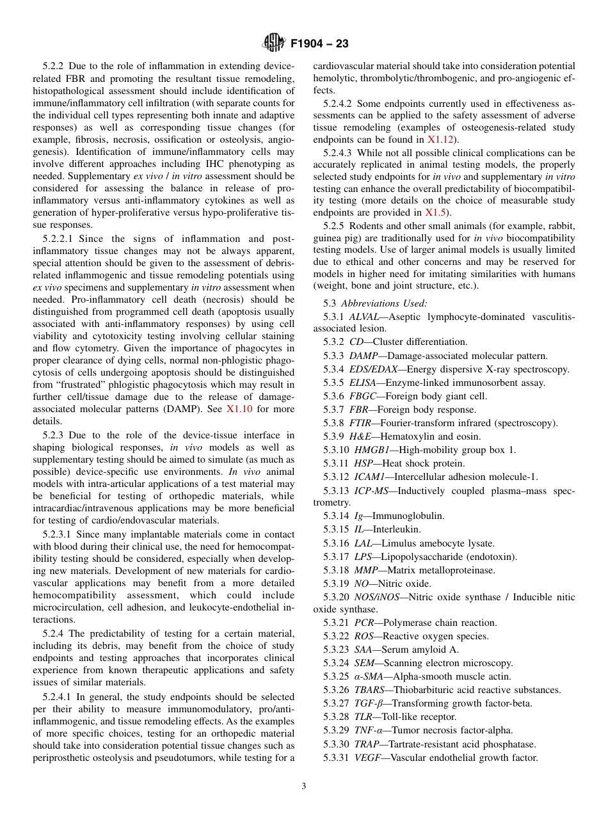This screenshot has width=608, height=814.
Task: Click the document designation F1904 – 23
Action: tap(319, 44)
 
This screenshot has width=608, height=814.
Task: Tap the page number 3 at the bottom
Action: tap(304, 786)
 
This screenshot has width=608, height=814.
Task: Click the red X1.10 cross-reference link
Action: tap(241, 409)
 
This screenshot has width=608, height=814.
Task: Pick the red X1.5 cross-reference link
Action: tap(437, 212)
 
